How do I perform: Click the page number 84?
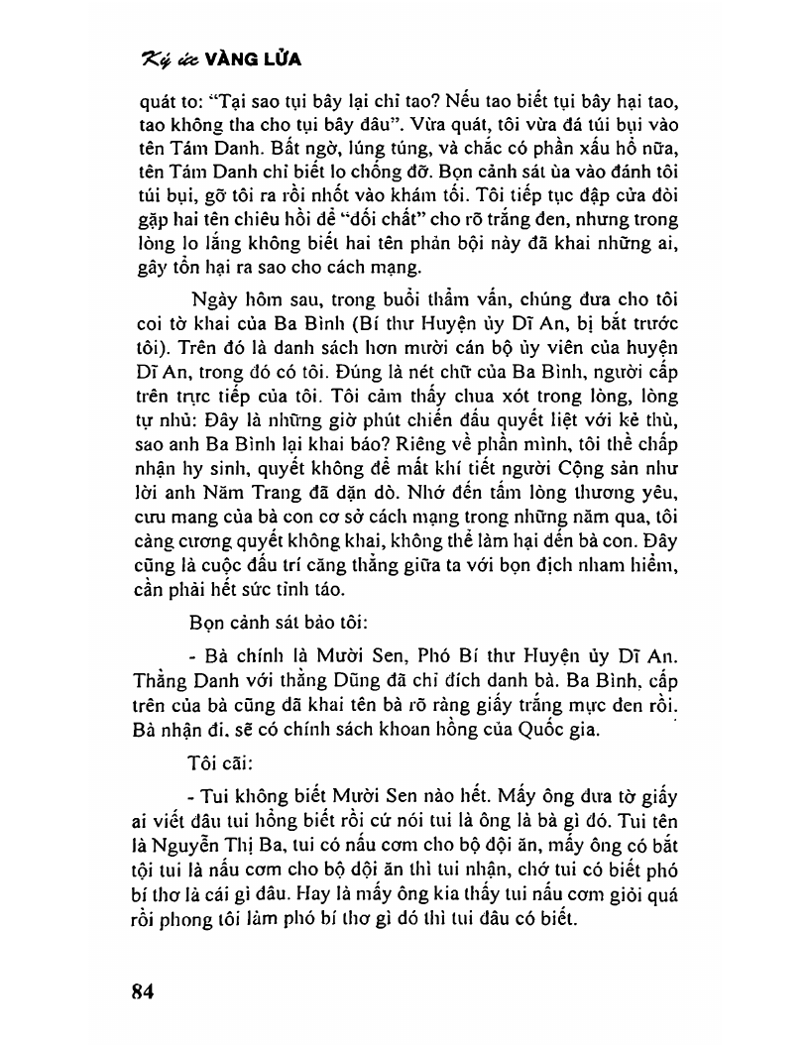coord(144,992)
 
